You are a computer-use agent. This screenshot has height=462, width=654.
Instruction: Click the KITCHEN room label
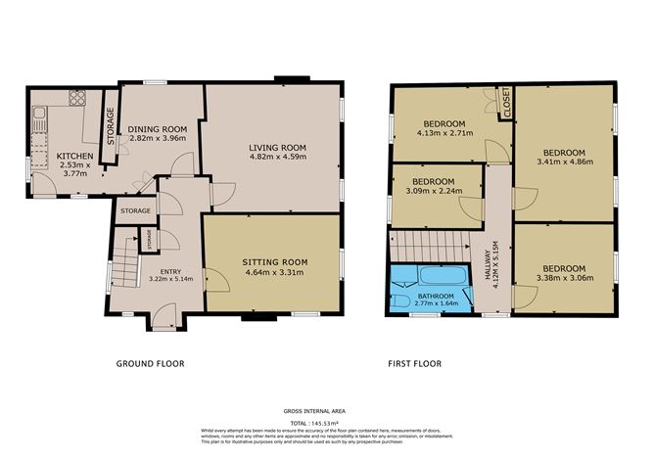coord(74,157)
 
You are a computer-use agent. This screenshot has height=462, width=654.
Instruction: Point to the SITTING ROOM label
coord(275,262)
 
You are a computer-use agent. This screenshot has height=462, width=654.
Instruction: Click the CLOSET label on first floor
coord(508,102)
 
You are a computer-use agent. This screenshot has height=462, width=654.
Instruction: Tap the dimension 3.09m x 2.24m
coord(432,192)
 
